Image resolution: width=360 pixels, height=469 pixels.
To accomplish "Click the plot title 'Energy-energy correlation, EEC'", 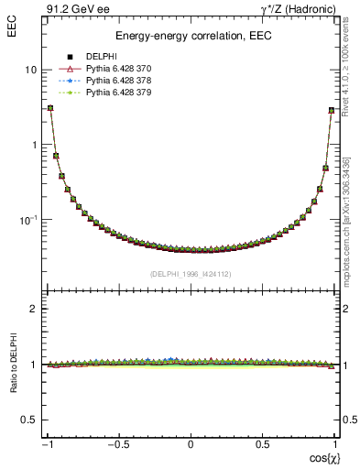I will click(190, 36).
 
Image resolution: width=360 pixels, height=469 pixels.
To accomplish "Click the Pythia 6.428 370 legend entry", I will click(117, 69).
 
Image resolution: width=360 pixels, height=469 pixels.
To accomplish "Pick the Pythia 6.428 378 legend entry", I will click(117, 81).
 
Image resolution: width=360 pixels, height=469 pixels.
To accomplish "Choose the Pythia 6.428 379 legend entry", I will click(117, 93).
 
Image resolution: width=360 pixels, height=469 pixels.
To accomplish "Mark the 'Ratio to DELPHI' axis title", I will click(12, 392).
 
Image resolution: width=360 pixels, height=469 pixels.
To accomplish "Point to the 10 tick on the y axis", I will click(30, 71).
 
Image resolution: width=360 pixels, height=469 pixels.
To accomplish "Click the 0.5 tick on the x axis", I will click(261, 445).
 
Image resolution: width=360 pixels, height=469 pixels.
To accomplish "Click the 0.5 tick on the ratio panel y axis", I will click(28, 420).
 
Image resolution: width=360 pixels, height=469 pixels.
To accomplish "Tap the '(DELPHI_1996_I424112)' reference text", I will click(190, 273).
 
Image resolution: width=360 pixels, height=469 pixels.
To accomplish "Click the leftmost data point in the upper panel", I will click(49, 108).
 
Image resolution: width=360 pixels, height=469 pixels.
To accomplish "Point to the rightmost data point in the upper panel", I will click(332, 110).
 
